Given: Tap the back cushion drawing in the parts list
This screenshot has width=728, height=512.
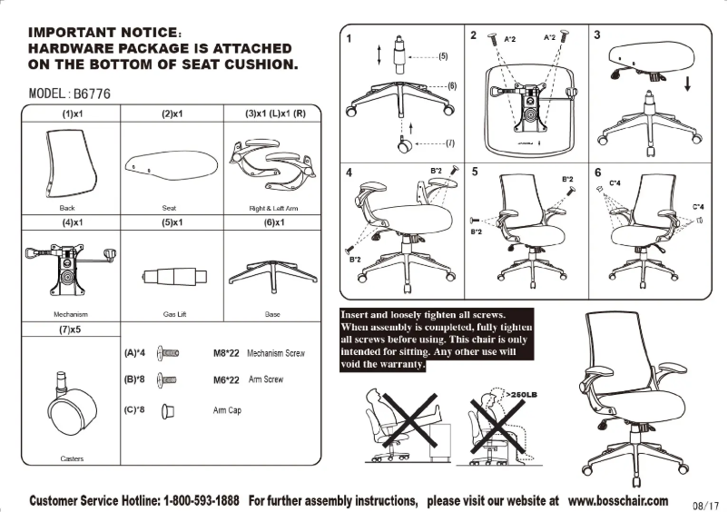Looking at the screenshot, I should click(x=74, y=162).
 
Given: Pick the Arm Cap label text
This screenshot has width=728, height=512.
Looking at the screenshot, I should click(x=227, y=410).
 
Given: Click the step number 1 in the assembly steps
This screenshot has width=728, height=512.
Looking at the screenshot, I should click(x=349, y=38).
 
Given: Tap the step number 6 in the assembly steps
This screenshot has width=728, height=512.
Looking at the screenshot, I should click(x=597, y=172).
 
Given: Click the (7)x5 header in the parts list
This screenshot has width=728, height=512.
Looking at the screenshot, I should click(x=72, y=330).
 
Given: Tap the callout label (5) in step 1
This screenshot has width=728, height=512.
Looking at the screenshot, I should click(x=442, y=56).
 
